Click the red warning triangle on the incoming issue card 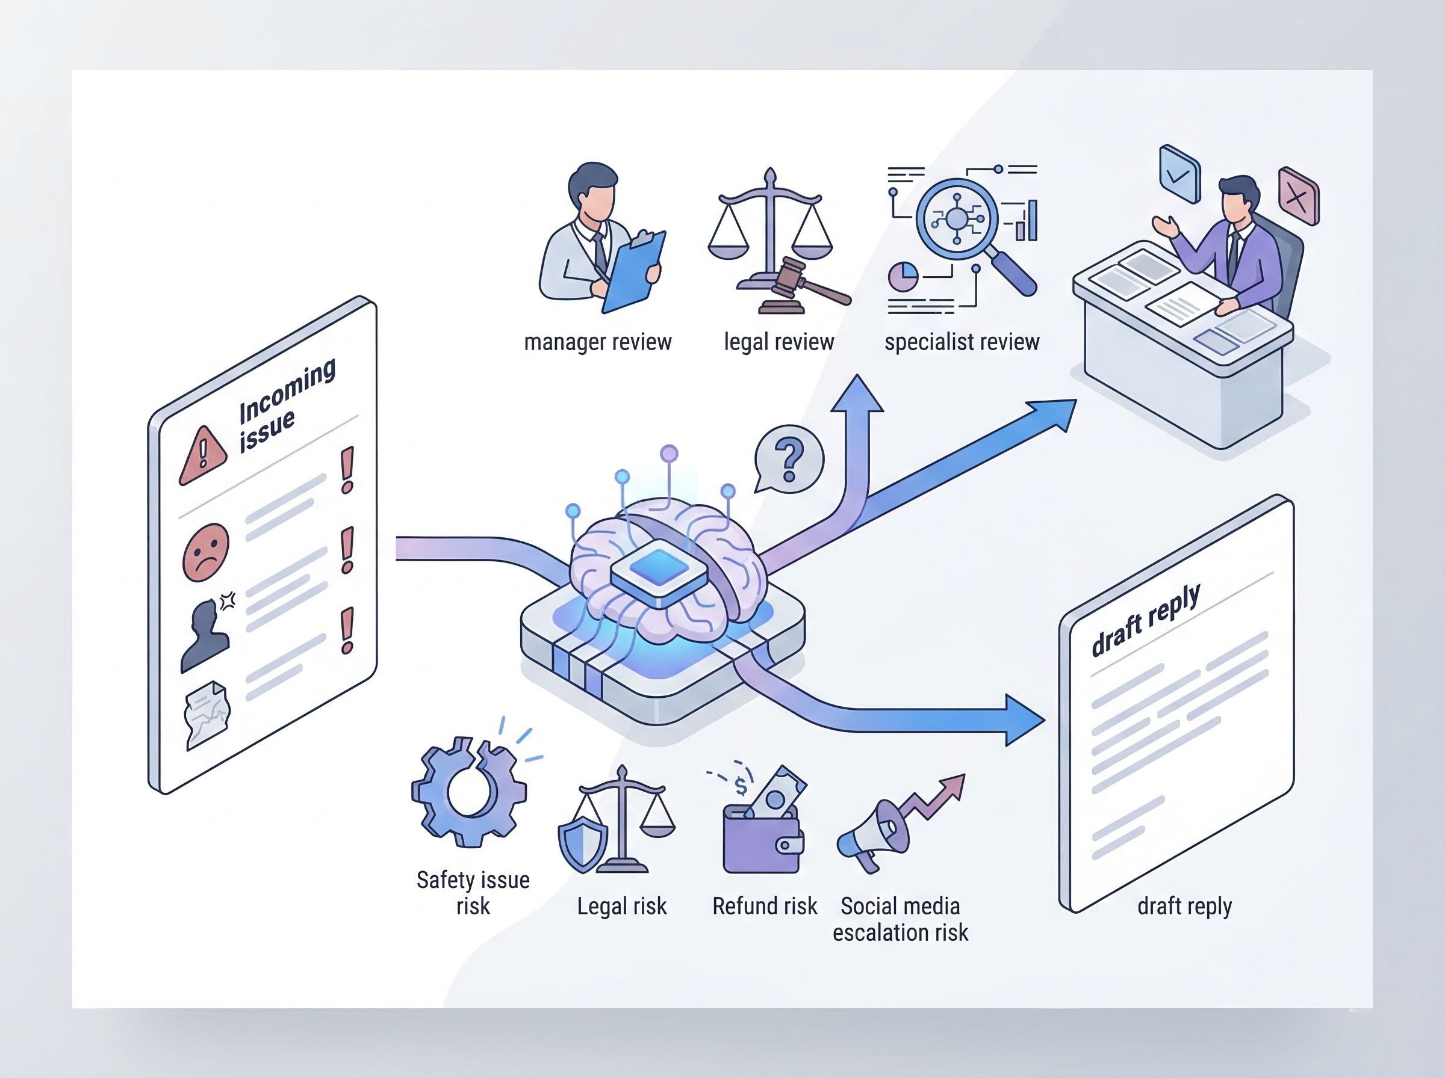pyautogui.click(x=203, y=455)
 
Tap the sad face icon pyautogui.click(x=207, y=552)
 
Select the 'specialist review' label pyautogui.click(x=961, y=342)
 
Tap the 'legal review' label pyautogui.click(x=778, y=342)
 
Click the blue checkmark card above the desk pyautogui.click(x=1179, y=174)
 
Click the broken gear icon pyautogui.click(x=469, y=792)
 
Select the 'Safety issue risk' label pyautogui.click(x=473, y=893)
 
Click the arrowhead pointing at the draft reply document pyautogui.click(x=1023, y=721)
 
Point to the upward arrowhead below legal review pyautogui.click(x=857, y=394)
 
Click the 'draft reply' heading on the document pyautogui.click(x=1145, y=621)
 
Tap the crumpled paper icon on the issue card pyautogui.click(x=207, y=715)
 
